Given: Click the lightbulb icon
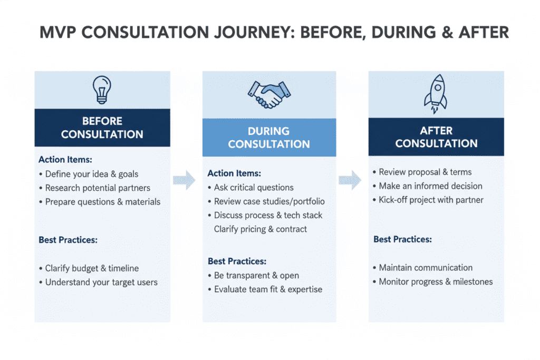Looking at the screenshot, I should click(102, 89).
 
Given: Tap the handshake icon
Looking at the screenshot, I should click(269, 94).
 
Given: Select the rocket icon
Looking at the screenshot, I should click(436, 94).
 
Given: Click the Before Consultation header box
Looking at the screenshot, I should click(102, 128).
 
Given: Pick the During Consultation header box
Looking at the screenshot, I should click(269, 138).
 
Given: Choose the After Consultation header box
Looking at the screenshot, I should click(436, 137).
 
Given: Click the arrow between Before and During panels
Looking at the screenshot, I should click(183, 180).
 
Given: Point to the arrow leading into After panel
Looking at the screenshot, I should click(350, 180).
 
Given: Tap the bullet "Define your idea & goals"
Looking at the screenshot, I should click(92, 174).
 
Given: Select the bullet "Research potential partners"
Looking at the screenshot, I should click(98, 188).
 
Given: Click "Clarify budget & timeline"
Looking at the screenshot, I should click(92, 268).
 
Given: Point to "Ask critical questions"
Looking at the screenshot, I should click(254, 187).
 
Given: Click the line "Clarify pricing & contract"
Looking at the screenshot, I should click(261, 229).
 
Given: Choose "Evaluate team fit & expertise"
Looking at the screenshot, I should click(268, 289).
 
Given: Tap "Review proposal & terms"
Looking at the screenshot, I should click(425, 172).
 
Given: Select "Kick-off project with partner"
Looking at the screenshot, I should click(431, 200).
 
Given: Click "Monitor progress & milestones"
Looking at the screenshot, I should click(436, 281).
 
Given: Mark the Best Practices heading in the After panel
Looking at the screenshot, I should click(402, 239).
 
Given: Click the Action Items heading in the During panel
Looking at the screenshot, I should click(234, 173).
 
